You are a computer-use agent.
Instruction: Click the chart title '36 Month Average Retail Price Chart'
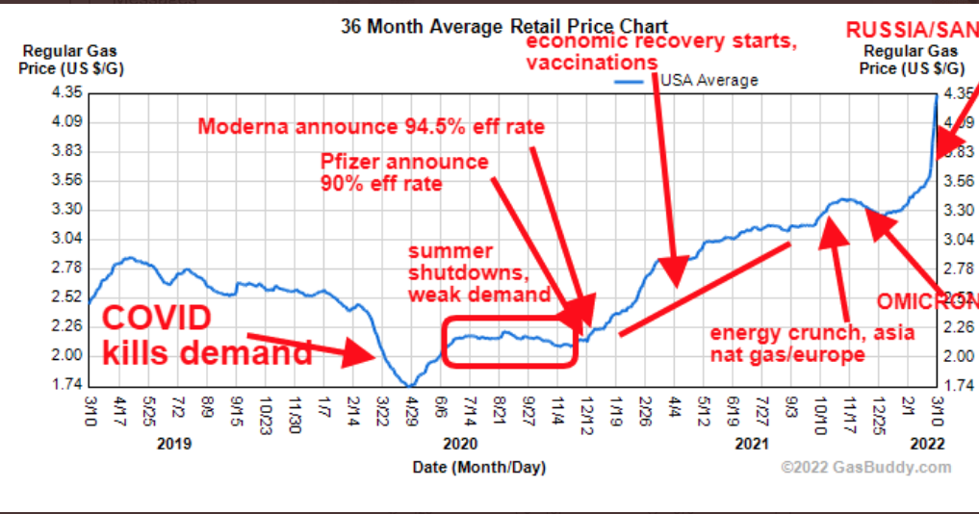tap(503, 26)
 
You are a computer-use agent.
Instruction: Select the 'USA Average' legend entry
tap(708, 80)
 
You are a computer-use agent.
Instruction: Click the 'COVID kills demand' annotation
tap(206, 336)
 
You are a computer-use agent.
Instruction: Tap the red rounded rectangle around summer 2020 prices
tap(510, 340)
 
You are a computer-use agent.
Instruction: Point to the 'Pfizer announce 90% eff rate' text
tap(404, 171)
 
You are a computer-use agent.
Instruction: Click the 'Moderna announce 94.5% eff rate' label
tap(371, 127)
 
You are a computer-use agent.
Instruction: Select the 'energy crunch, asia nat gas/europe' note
tap(812, 344)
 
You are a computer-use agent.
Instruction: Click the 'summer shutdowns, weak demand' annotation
tap(478, 271)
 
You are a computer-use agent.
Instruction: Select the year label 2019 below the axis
tap(172, 444)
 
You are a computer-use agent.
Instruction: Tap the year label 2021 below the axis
tap(751, 444)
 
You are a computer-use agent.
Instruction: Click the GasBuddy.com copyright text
tap(865, 468)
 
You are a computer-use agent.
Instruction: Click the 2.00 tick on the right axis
tap(958, 356)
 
